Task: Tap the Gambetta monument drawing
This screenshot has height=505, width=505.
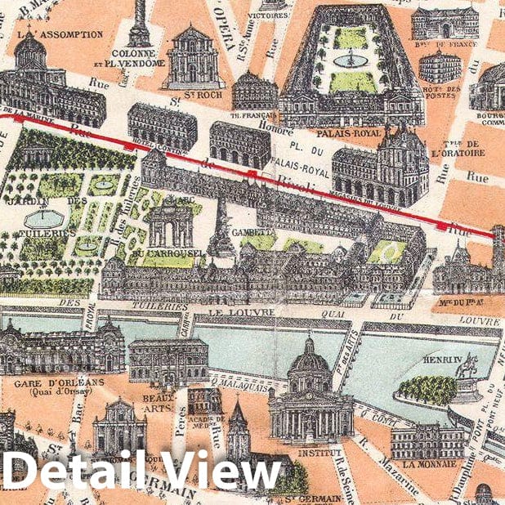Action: coord(221,233)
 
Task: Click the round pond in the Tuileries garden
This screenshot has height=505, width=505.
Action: coord(42,217)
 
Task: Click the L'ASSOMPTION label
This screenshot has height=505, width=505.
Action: coord(60,34)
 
